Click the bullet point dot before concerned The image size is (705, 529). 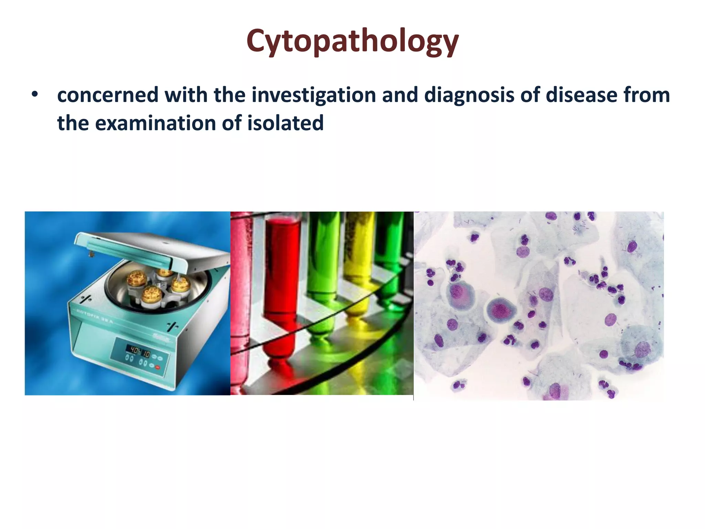point(34,94)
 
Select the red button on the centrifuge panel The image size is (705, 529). point(158,367)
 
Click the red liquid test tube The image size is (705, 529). point(281,286)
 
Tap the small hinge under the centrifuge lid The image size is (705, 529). point(91,254)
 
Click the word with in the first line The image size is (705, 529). point(186,95)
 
